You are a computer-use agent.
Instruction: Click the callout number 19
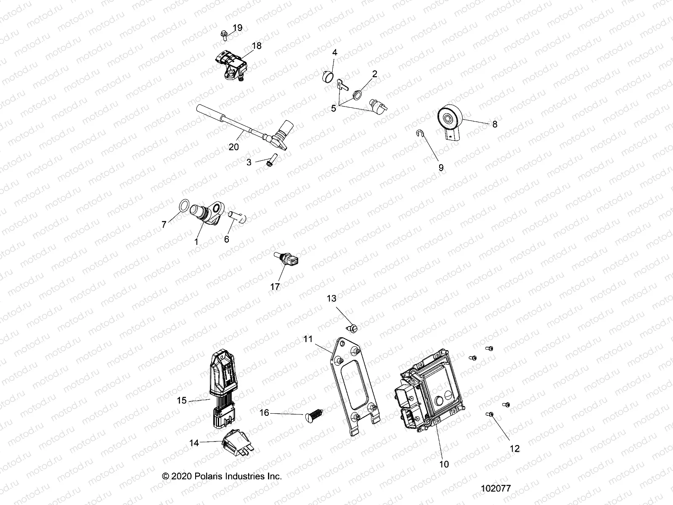(238, 28)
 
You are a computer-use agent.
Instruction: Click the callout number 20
(233, 147)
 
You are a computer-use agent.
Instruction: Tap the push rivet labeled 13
(354, 327)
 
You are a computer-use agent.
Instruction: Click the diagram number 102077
(496, 489)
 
